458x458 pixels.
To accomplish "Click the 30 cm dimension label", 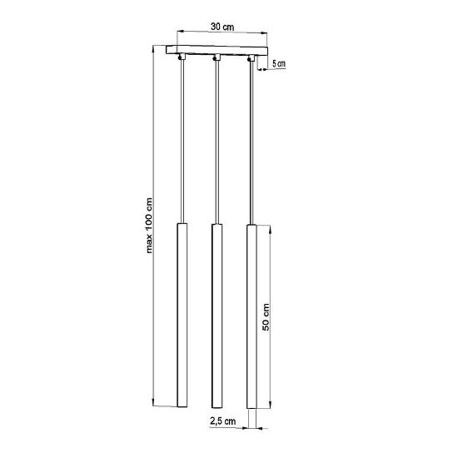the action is point(222,27).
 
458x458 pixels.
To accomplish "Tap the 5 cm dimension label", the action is point(279,63).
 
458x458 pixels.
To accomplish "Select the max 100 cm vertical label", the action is point(149,225).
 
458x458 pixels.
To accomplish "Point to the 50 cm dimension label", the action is point(266,317).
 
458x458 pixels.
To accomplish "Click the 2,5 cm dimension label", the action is point(222,421).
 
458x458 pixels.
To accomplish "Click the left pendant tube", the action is point(182,315).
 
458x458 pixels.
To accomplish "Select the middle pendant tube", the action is point(217,316).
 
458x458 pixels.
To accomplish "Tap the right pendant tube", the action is point(251,316).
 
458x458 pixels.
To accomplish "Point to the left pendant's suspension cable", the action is point(182,142).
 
